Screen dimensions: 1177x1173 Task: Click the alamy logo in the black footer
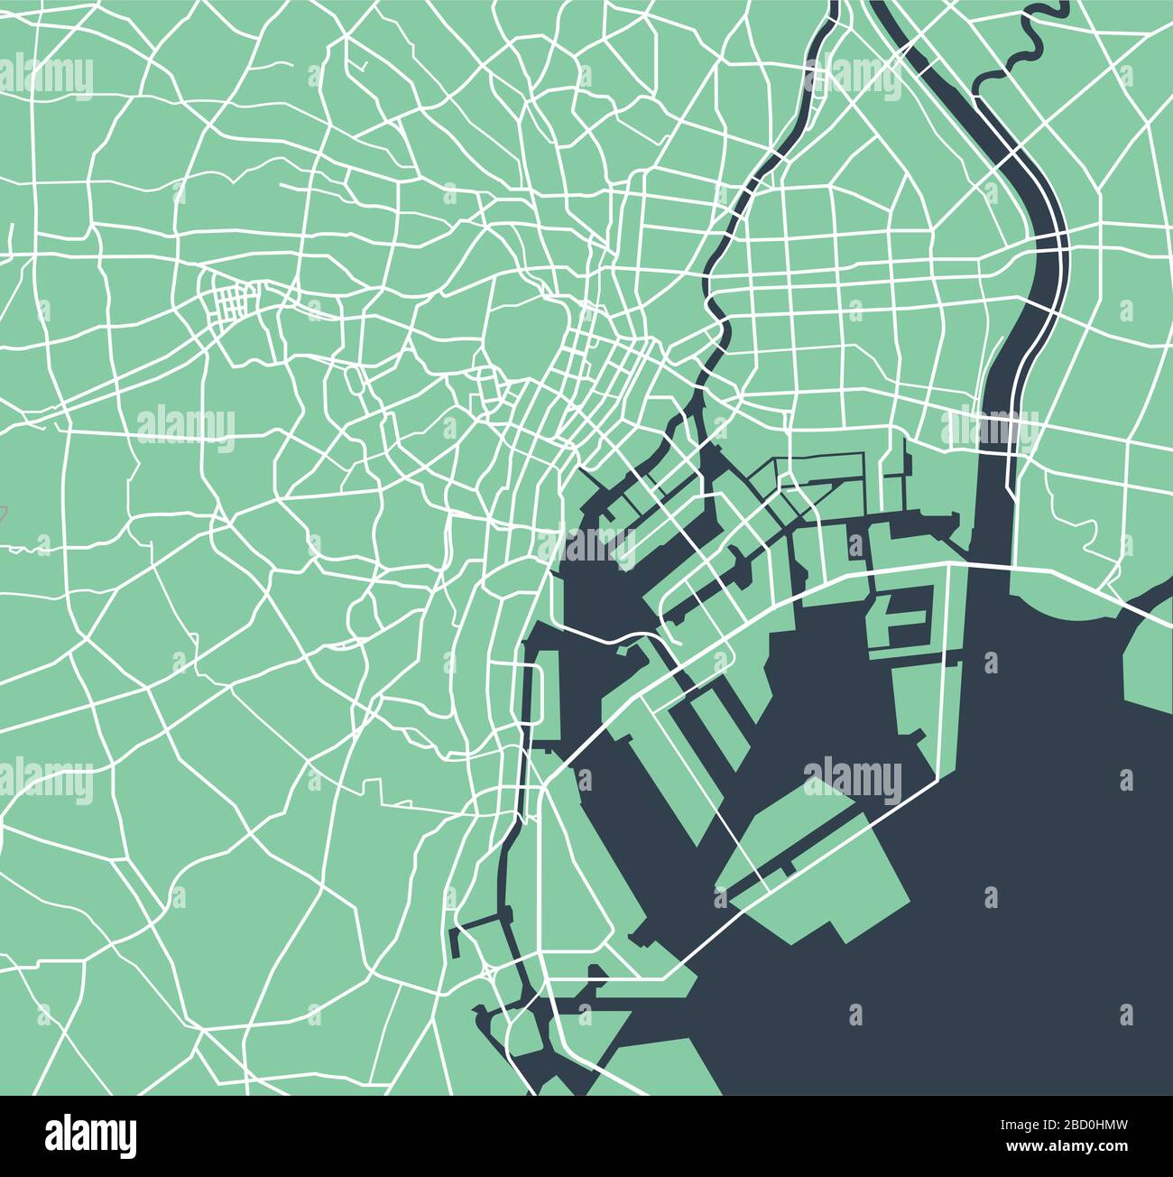click(x=90, y=1134)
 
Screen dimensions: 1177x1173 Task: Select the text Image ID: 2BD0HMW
click(x=1061, y=1126)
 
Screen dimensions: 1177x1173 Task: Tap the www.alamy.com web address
click(x=1061, y=1147)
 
